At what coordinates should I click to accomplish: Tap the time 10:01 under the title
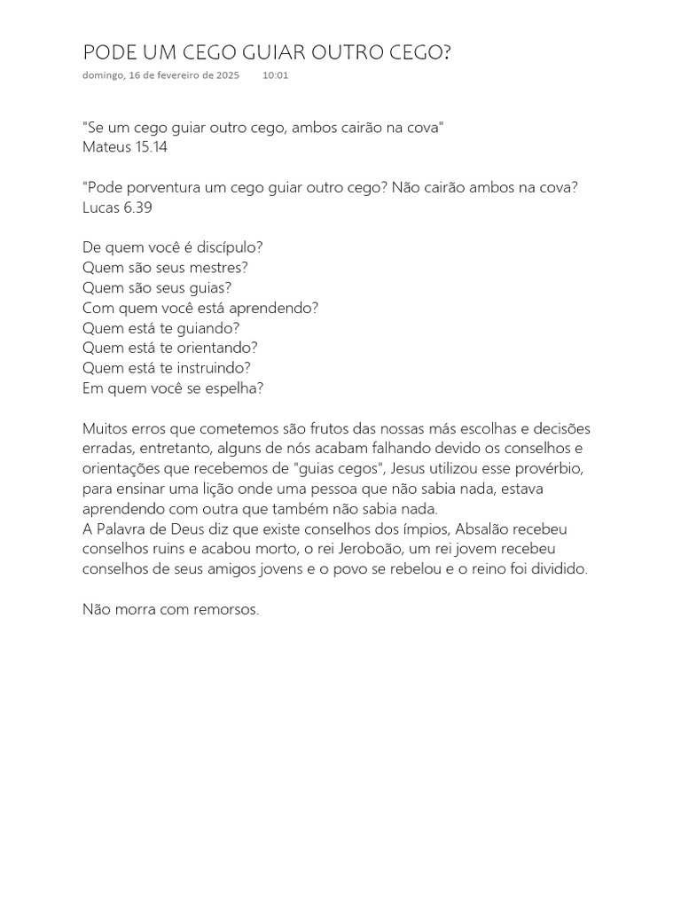(275, 75)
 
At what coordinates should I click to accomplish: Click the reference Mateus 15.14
(125, 147)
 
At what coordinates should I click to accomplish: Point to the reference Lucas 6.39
(119, 207)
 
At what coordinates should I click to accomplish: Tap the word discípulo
(234, 247)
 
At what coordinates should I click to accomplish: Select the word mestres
(216, 267)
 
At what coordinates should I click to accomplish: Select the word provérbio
(547, 468)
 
